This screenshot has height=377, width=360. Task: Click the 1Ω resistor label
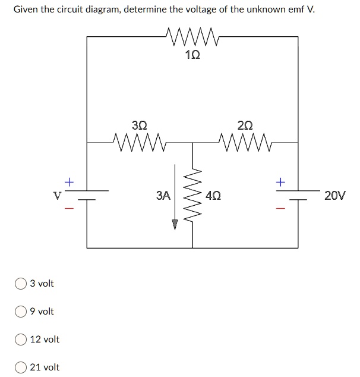coord(192,55)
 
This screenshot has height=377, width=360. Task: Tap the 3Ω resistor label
coord(139,125)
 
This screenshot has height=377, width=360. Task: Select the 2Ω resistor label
coord(244,125)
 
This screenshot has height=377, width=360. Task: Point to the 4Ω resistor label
coord(213,195)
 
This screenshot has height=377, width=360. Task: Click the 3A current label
coord(163,195)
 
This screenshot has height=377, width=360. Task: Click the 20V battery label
coord(334,195)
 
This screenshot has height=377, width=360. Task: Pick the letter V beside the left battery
coord(58,195)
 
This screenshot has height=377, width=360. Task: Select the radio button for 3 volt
coord(21,284)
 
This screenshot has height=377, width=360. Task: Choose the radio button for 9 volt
coord(21,312)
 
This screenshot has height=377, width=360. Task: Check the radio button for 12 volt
coord(21,340)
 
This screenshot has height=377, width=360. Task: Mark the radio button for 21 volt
coord(21,367)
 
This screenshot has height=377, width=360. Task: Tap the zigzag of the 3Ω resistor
coord(139,142)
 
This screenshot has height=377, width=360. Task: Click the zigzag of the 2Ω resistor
coord(245,142)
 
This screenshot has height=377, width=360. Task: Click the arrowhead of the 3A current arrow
coord(175,224)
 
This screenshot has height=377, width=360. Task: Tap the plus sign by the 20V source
coord(280,180)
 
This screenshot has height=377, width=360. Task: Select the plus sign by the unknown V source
coord(70,180)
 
